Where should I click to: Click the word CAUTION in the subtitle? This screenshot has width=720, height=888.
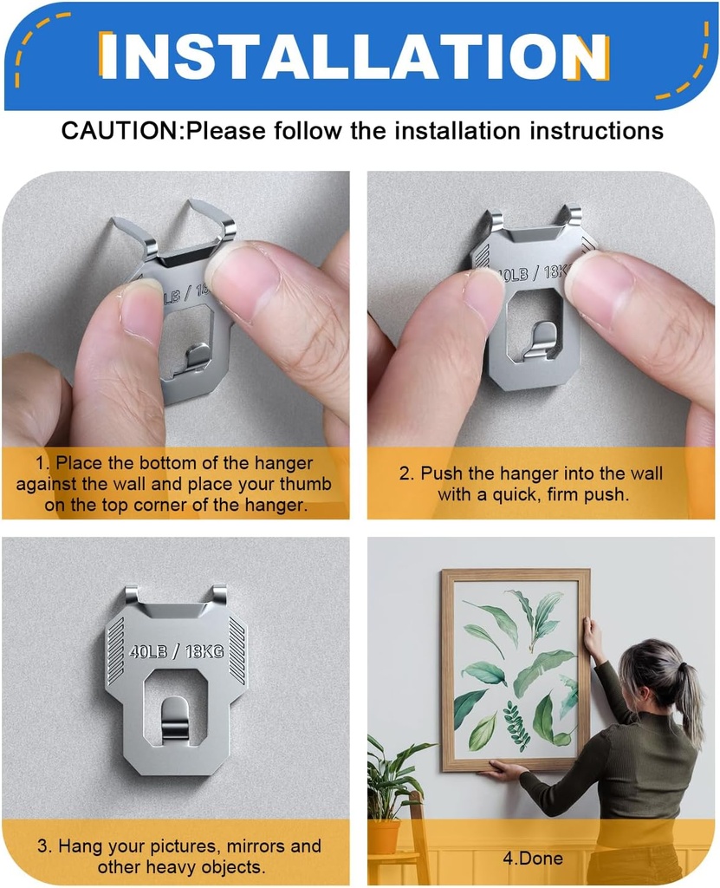pos(119,132)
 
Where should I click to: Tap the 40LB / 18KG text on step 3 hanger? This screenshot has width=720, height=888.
pos(176,651)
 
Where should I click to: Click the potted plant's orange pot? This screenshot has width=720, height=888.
pos(384,837)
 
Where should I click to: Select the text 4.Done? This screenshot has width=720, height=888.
pos(532,859)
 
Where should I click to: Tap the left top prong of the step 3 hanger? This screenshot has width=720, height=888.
pos(131,595)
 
